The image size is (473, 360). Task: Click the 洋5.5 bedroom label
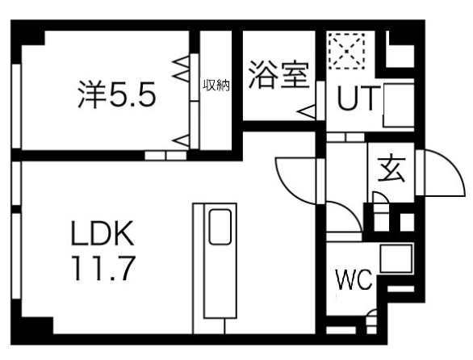[117, 94]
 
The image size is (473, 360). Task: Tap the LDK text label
[103, 233]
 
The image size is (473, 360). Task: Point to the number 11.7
[103, 268]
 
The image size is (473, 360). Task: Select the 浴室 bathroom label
[279, 75]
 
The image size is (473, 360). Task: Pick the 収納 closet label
[216, 86]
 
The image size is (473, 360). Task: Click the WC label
[354, 280]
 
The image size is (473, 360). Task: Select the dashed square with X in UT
[346, 51]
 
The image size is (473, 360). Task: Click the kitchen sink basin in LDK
[220, 227]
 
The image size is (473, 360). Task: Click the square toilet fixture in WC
[396, 258]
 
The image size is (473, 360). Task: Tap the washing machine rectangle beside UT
[398, 105]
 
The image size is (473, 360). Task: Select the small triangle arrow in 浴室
[307, 112]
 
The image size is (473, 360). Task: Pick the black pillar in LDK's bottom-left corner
[37, 325]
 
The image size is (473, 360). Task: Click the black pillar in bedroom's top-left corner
[32, 38]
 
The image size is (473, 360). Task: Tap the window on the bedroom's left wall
[16, 106]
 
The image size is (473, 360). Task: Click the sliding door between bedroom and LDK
[165, 156]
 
